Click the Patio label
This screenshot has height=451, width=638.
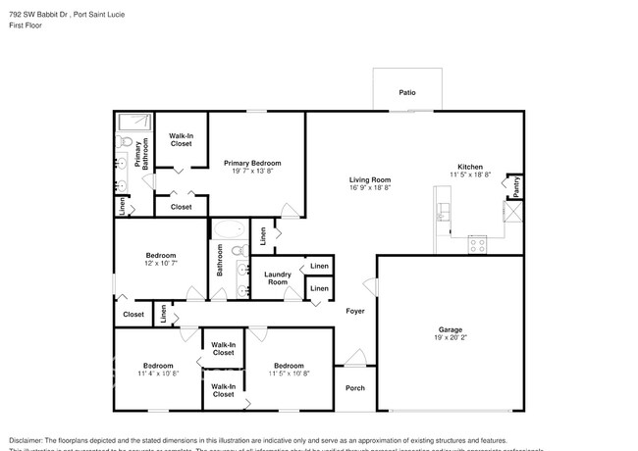point(406,92)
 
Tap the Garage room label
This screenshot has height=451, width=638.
point(450,329)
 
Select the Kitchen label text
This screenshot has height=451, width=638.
point(470,167)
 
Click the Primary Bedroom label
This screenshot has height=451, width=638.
point(252,163)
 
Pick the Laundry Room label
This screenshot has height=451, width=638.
point(278,278)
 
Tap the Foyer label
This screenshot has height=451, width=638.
point(355,311)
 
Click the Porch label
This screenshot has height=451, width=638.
point(355,387)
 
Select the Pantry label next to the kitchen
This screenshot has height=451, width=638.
point(513,181)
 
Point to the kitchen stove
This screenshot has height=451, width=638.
point(478,244)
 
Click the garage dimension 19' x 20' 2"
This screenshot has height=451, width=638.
point(450,337)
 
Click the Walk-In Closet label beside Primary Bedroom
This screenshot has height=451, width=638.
point(181,139)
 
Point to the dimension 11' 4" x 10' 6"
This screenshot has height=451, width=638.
point(158,374)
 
